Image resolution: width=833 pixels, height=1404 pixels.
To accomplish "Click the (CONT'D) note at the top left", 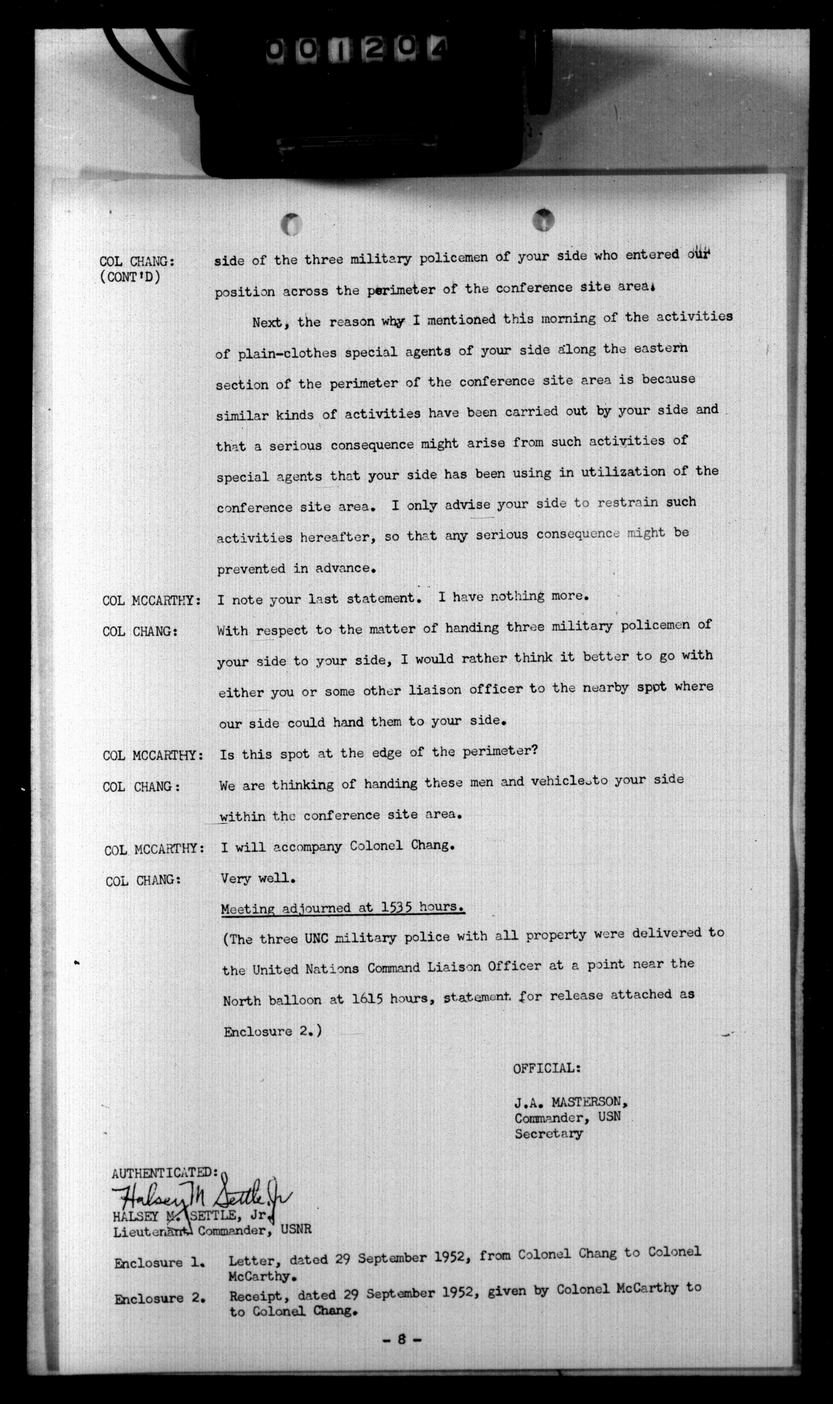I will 130,278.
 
